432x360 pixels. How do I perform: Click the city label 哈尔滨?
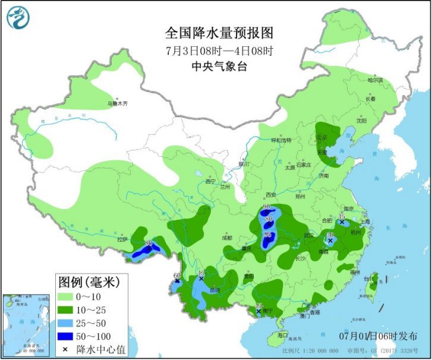click(375, 80)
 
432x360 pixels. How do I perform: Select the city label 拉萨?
click(122, 240)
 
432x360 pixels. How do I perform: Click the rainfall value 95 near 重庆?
click(269, 236)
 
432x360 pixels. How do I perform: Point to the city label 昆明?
click(213, 290)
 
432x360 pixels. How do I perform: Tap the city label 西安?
click(271, 194)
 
